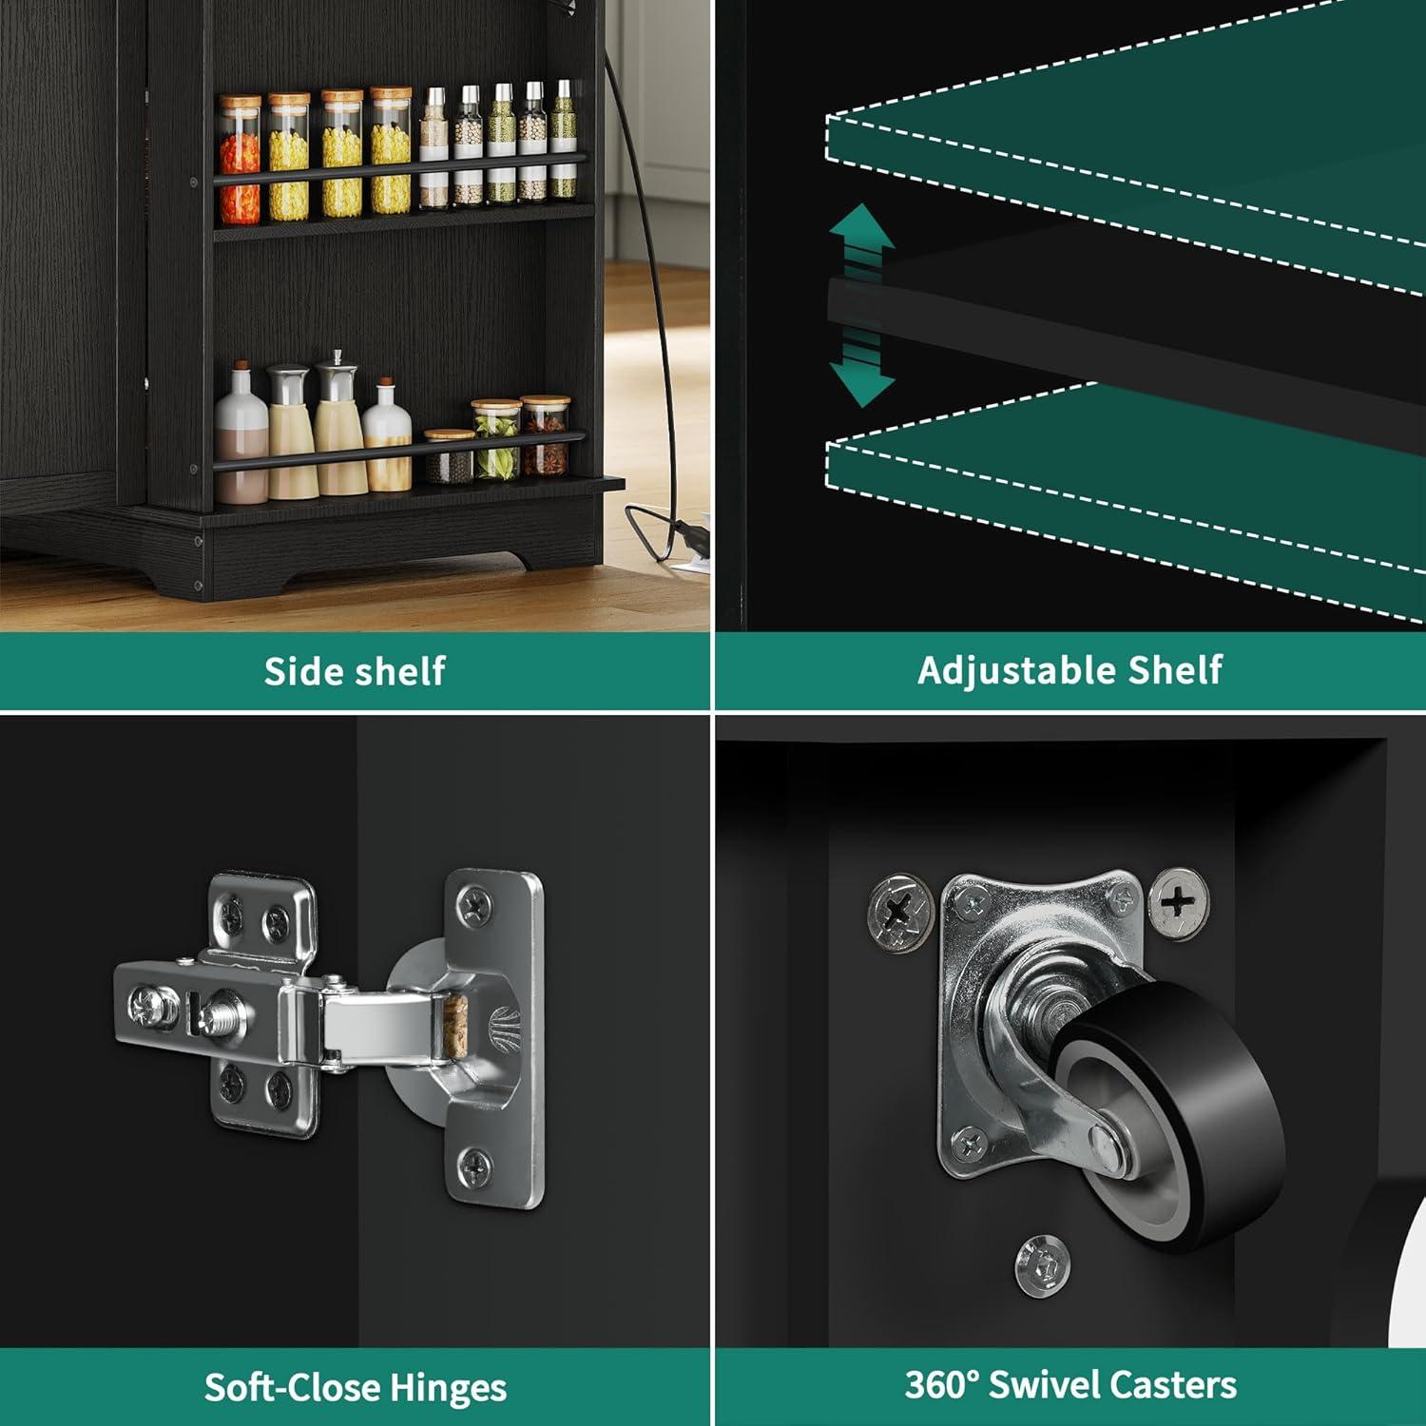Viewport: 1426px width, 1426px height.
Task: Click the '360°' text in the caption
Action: coord(941,1384)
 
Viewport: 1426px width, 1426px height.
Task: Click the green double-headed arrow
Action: coord(861,304)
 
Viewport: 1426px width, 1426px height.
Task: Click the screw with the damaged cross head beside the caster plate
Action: coord(901,912)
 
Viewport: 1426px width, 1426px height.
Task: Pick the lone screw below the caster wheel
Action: coord(1043,1265)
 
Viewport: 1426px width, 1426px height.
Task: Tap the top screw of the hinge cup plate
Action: coord(473,900)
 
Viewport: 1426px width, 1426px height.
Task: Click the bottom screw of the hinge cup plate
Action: coord(474,1164)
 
